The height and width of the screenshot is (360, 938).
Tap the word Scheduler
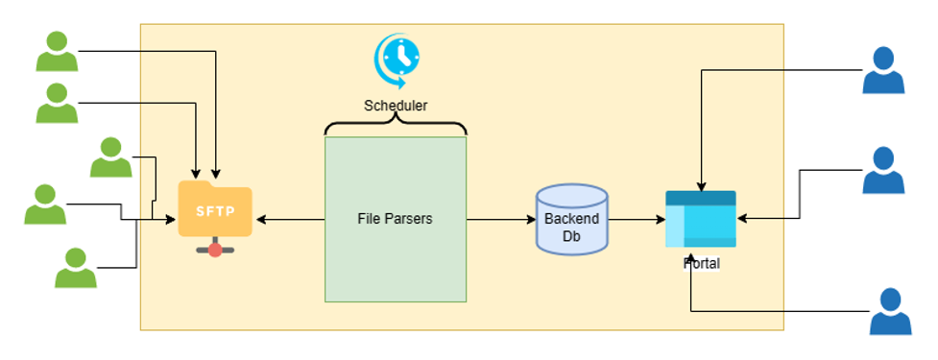click(395, 106)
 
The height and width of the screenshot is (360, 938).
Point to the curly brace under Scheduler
click(395, 127)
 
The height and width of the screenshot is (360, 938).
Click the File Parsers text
click(395, 219)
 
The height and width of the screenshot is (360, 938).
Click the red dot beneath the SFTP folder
click(215, 250)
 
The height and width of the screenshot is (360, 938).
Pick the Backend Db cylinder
click(571, 220)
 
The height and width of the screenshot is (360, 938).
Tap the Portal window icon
click(701, 219)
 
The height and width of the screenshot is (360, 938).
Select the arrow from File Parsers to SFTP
click(288, 220)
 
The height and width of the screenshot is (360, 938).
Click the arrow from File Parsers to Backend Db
click(499, 220)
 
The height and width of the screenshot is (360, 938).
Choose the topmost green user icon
click(57, 52)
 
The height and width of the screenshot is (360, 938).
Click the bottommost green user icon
click(75, 269)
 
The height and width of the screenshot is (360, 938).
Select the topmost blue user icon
click(883, 71)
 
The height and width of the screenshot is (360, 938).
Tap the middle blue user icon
click(883, 171)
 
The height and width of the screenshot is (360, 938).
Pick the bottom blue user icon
click(890, 312)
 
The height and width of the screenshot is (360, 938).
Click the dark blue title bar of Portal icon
click(701, 197)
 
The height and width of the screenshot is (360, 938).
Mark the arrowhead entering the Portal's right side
click(742, 219)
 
